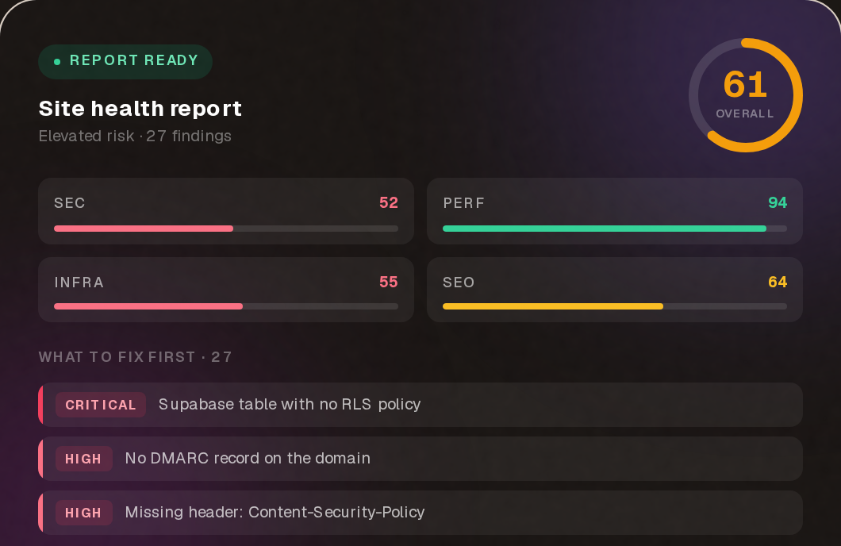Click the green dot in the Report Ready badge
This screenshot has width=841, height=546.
coord(57,62)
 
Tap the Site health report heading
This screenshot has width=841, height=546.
coord(140,109)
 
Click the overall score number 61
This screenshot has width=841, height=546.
coord(745,85)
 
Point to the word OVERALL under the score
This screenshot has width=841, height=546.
coord(745,113)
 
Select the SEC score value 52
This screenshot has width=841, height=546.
coord(388,202)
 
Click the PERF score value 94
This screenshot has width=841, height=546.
coord(778,202)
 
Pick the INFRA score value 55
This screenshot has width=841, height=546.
coord(388,282)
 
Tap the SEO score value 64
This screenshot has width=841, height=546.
coord(778,282)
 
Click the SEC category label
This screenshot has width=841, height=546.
coord(70,203)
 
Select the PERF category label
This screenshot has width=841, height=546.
coord(464,203)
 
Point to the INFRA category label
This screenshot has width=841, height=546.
coord(79,283)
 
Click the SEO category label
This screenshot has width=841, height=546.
coord(459,283)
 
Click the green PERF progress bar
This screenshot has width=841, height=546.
coord(605,229)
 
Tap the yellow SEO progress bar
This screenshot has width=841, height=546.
coord(553,307)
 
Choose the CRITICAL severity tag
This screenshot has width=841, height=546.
coord(101,405)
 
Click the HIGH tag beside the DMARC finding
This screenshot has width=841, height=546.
coord(83,459)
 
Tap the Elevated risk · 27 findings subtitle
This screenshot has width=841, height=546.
coord(135,136)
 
